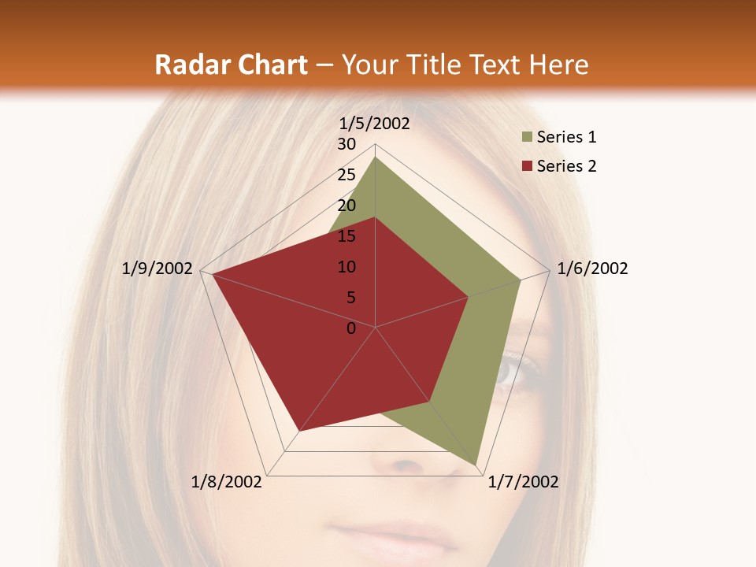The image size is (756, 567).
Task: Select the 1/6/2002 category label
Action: pos(592,269)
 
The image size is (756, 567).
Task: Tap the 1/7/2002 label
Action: pos(523,482)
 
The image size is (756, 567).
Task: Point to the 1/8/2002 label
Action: pos(227,482)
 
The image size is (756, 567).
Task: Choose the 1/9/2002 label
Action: pos(157,269)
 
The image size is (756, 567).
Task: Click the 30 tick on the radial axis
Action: pos(346,144)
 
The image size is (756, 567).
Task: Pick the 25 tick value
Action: pos(346,175)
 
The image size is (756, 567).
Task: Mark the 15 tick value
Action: pos(346,236)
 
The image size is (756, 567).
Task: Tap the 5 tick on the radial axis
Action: pos(350,298)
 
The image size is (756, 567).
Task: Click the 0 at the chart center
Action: pos(351,328)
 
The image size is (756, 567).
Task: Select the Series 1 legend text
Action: pos(566,137)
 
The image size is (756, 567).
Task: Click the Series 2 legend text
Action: pos(566,165)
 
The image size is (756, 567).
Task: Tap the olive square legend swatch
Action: pos(527,138)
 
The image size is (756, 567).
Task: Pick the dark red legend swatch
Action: pos(527,166)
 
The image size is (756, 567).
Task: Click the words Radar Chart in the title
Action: pos(231,65)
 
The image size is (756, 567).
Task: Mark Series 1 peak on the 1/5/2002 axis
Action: pos(376,157)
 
